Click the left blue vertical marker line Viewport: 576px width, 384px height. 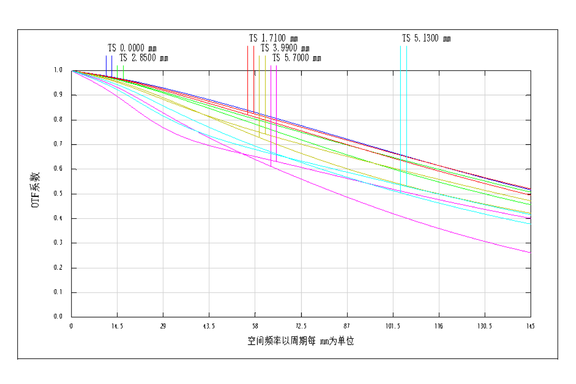[106, 65]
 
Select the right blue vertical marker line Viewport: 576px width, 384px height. [112, 65]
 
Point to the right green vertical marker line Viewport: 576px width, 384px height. [123, 71]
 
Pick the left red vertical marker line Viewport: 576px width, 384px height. [248, 72]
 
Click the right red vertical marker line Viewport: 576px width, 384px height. [254, 72]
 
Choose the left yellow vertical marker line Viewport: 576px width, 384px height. [259, 86]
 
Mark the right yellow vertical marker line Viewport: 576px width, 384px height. [265, 86]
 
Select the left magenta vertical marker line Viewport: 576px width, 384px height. [271, 106]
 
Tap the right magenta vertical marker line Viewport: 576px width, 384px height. [276, 106]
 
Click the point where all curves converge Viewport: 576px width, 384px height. [72, 71]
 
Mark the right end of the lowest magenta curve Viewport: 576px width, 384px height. [531, 252]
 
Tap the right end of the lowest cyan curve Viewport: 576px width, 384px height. [531, 224]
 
